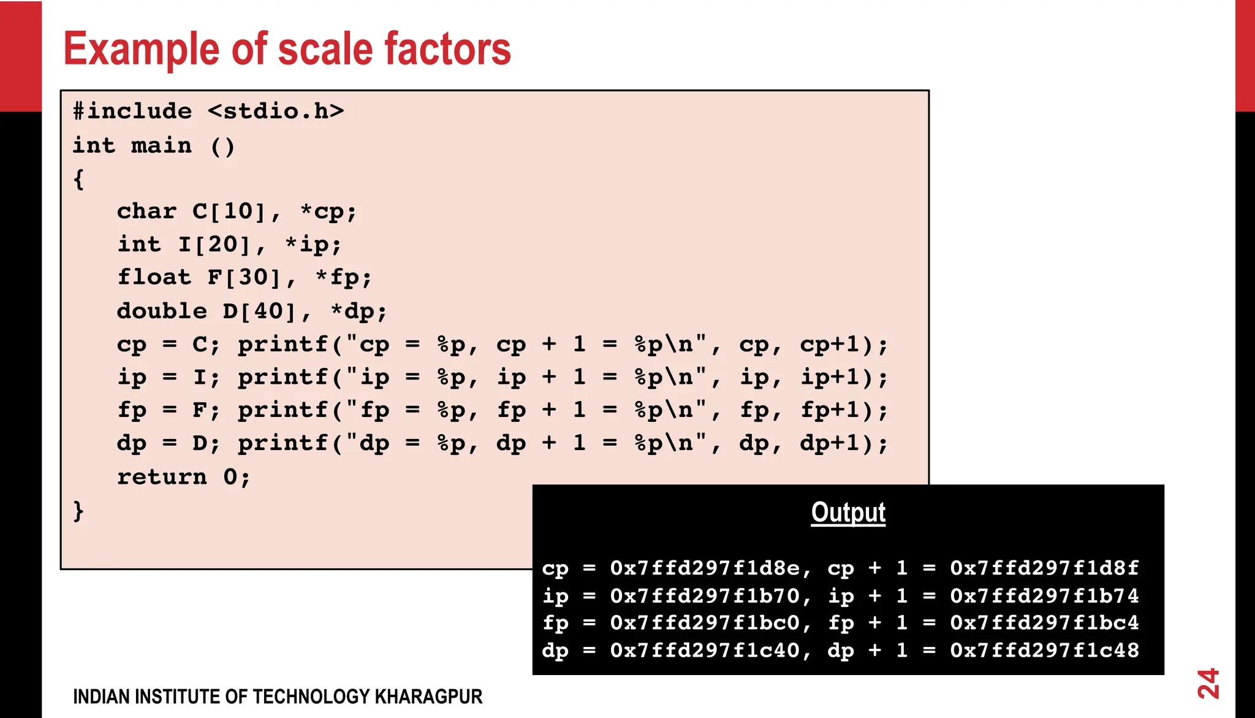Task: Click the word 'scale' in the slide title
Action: click(325, 49)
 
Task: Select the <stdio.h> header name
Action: click(276, 112)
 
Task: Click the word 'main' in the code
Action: click(161, 146)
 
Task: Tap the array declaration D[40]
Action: click(259, 311)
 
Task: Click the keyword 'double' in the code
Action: click(162, 311)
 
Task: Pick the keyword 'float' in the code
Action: click(154, 278)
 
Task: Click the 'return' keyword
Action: click(162, 477)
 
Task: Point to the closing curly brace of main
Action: click(78, 510)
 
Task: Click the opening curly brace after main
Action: click(78, 180)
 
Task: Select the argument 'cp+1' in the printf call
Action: click(830, 345)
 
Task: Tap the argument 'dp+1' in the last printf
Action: click(830, 443)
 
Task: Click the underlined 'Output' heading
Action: click(848, 513)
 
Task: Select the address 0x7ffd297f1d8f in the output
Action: click(1044, 568)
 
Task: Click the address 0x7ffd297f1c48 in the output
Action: click(1044, 651)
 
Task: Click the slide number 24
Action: click(1208, 684)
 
